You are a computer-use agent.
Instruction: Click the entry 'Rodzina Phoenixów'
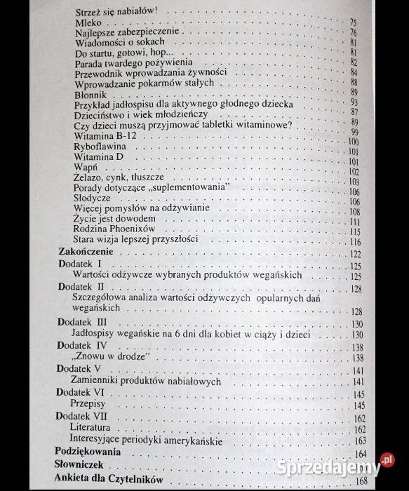tap(113, 229)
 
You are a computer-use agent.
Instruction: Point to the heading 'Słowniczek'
tap(78, 465)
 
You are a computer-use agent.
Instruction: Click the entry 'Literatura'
tap(90, 427)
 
